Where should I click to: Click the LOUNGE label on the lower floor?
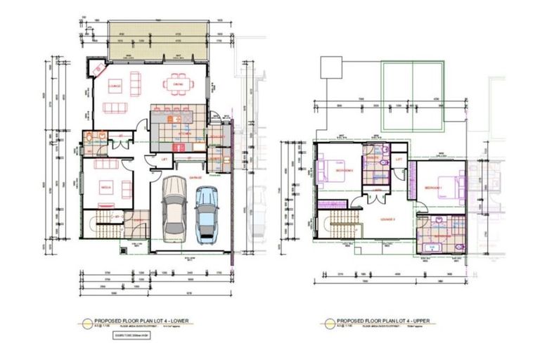[x=115, y=86]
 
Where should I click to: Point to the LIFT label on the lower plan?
[x=164, y=160]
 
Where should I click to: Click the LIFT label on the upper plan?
[x=399, y=160]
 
